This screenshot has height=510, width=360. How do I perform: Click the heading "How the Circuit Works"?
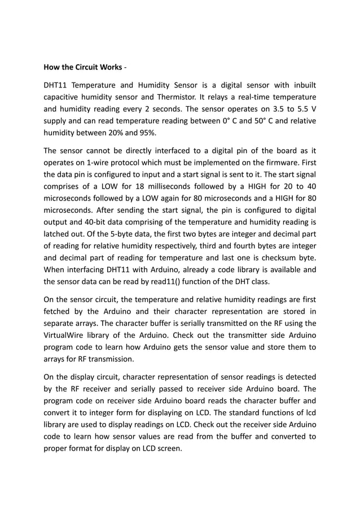tap(82, 68)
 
